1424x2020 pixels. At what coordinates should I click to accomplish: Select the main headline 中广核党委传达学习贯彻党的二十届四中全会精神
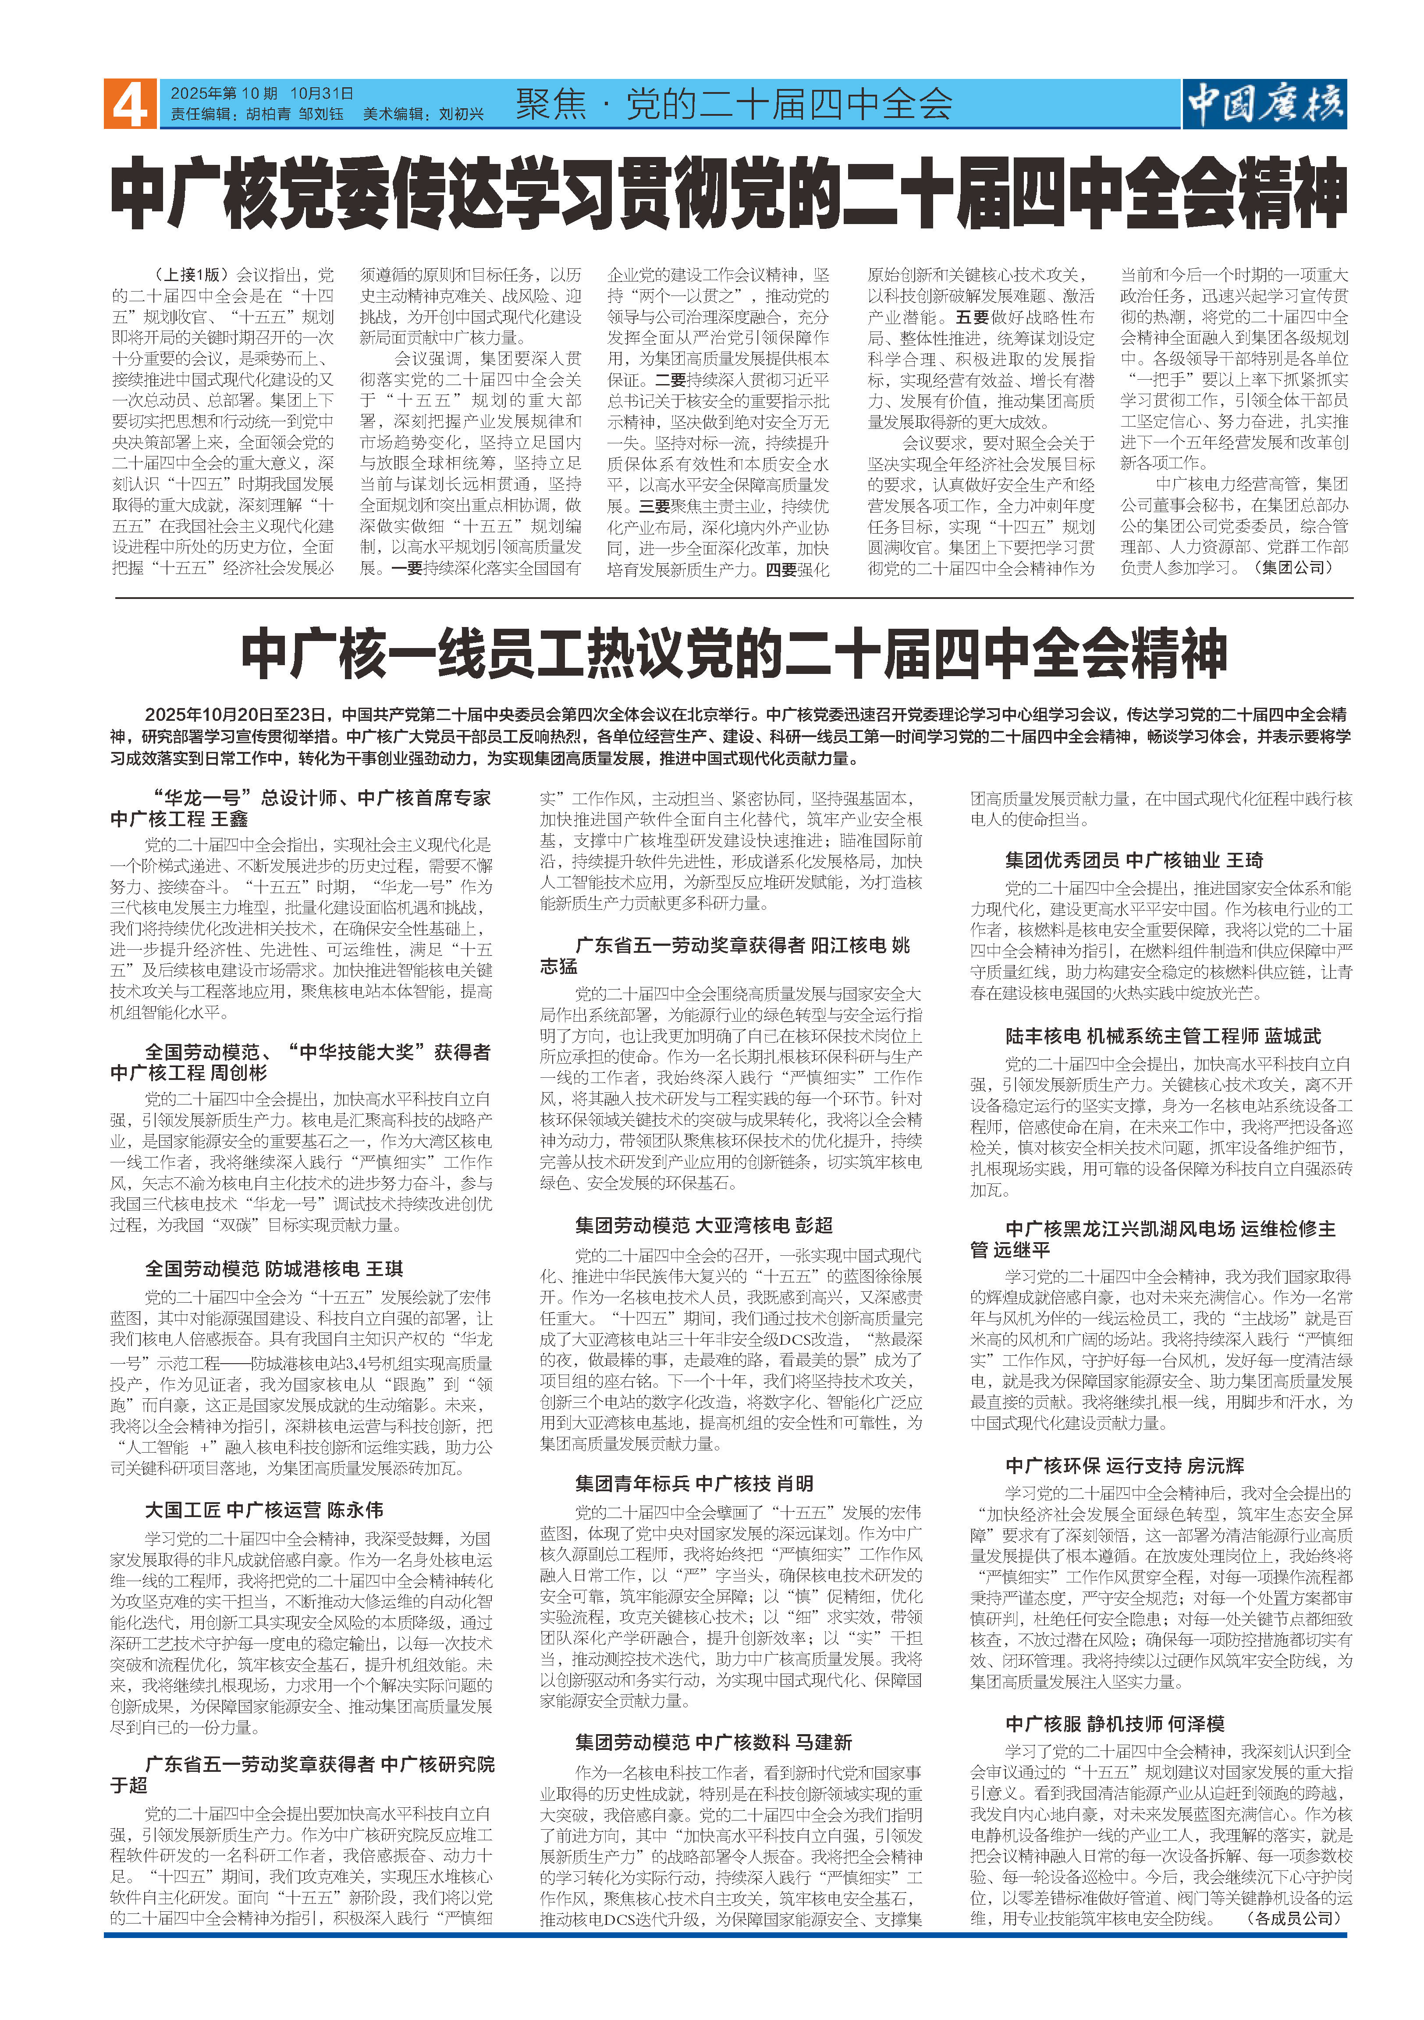click(x=728, y=193)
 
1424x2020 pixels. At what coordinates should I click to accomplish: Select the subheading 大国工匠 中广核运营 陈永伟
click(x=264, y=1510)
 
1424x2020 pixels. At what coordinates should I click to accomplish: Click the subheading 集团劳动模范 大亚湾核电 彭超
click(x=703, y=1225)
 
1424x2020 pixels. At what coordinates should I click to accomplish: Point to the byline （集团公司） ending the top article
click(x=1297, y=567)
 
